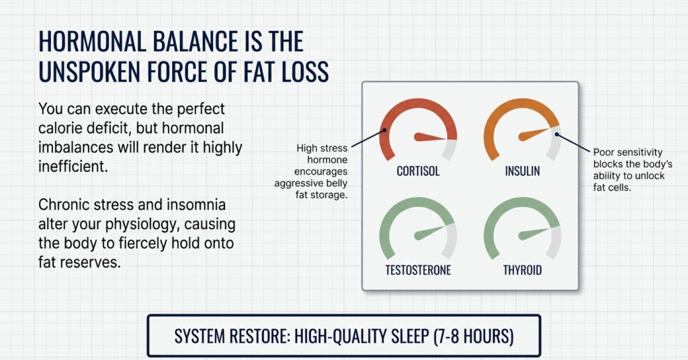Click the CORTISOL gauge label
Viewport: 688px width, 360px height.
pos(418,171)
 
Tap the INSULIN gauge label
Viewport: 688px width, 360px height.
pos(522,171)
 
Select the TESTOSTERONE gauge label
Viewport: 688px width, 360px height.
pos(418,271)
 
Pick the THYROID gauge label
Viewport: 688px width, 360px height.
pos(522,271)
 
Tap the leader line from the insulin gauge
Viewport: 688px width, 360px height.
pos(573,141)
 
